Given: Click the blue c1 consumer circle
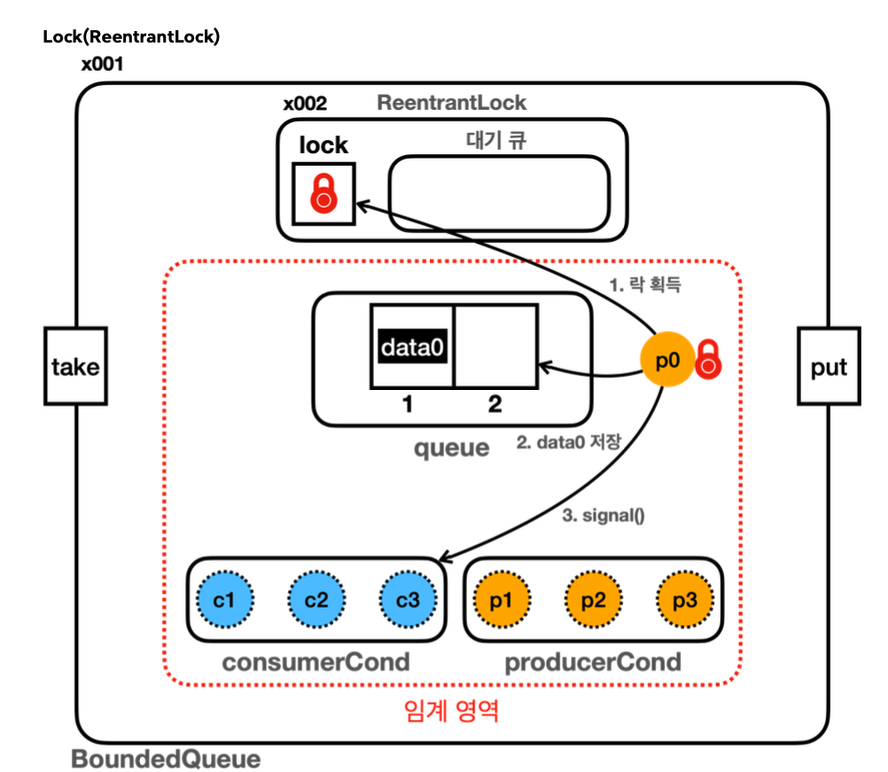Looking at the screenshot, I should coord(226,599).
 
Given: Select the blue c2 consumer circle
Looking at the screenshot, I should coord(316,599).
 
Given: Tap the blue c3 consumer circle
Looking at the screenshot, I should coord(407,599).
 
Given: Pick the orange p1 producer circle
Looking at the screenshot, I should coord(502,599).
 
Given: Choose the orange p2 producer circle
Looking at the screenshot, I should coord(593,599).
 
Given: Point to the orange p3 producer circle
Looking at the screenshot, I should coord(684,599).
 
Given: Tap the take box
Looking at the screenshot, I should coord(75,366).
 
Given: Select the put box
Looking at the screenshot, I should coord(829,366).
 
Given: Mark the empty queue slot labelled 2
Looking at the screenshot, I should coord(495,347).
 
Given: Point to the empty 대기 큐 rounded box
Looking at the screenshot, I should coord(499,192).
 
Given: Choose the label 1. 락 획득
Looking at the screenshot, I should coord(644,285).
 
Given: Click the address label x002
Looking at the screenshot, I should coord(305,104).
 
